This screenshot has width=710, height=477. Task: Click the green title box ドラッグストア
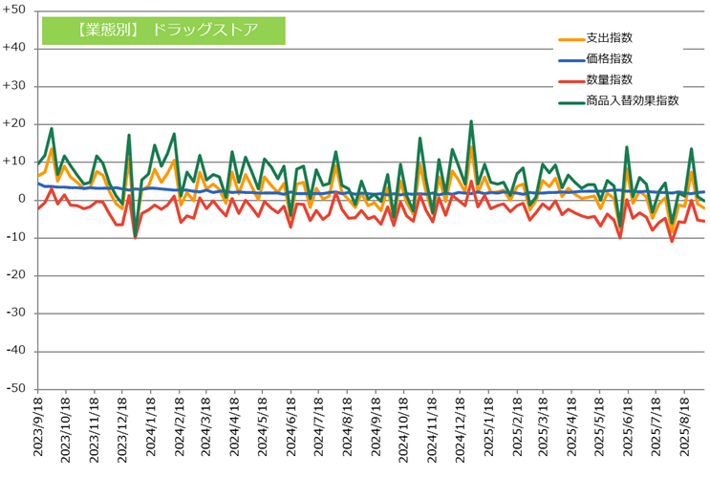pos(163,29)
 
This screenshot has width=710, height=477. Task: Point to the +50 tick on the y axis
pos(15,11)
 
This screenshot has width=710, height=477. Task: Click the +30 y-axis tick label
pos(15,86)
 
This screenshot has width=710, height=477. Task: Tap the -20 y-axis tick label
pos(16,275)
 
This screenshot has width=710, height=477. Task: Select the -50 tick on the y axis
pos(16,389)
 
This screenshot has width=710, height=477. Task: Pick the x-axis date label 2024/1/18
pos(150,430)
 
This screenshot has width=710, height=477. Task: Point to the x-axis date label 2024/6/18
pos(290,430)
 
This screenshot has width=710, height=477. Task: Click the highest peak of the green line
pos(471,121)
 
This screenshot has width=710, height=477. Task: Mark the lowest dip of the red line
pos(672,241)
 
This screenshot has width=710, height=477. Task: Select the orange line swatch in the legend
pos(570,39)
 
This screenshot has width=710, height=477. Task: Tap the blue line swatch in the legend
pos(570,60)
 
